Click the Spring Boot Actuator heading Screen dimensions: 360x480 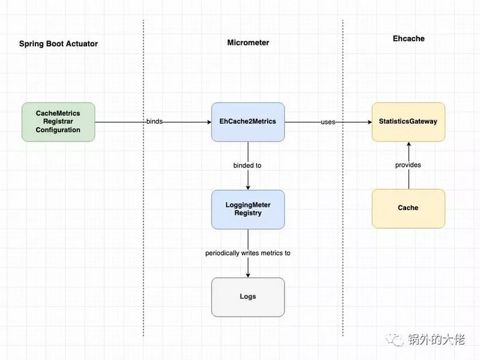pyautogui.click(x=58, y=44)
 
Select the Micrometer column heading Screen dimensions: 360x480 pyautogui.click(x=248, y=43)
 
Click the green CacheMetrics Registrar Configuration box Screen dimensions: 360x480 pyautogui.click(x=58, y=122)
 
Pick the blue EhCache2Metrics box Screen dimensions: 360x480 pyautogui.click(x=248, y=122)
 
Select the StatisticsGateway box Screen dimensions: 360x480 pyautogui.click(x=408, y=122)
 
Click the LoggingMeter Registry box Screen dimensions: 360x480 pyautogui.click(x=248, y=209)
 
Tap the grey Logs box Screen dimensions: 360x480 pyautogui.click(x=248, y=297)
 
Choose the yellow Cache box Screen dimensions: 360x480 pyautogui.click(x=408, y=208)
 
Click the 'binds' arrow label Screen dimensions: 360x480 pyautogui.click(x=154, y=122)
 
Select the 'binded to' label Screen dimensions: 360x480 pyautogui.click(x=247, y=165)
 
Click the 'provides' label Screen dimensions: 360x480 pyautogui.click(x=408, y=165)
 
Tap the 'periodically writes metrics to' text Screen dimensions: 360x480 pyautogui.click(x=248, y=253)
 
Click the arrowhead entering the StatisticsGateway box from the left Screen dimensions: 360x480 pyautogui.click(x=368, y=122)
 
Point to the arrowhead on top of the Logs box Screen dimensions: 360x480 pyautogui.click(x=248, y=275)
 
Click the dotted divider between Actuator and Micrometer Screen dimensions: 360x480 pyautogui.click(x=144, y=180)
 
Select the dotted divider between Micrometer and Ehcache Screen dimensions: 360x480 pyautogui.click(x=343, y=180)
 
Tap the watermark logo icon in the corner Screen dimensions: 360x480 pyautogui.click(x=397, y=340)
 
